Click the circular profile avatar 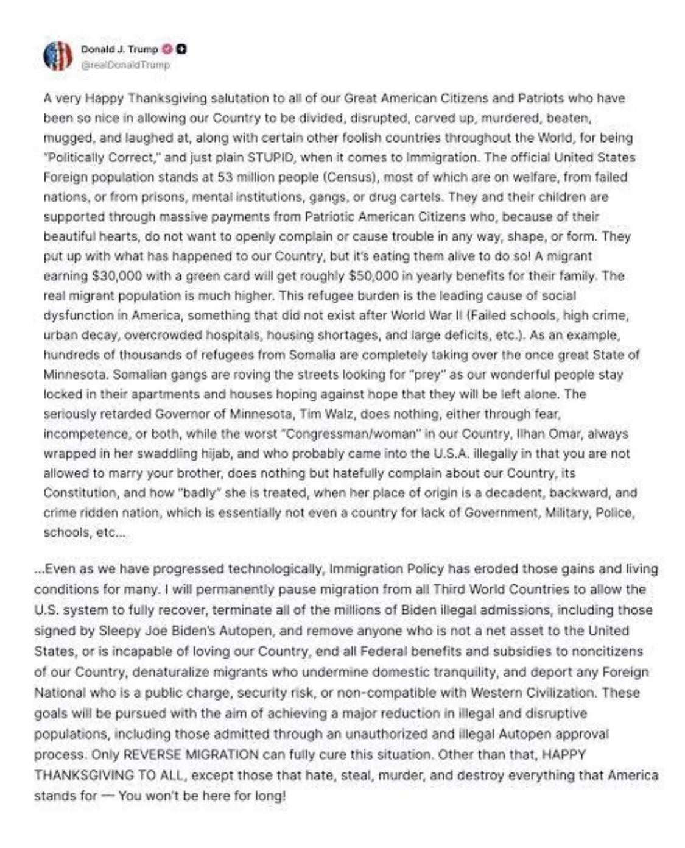click(58, 56)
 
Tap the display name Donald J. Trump click(119, 49)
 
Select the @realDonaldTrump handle click(125, 65)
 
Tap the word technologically click(275, 569)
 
